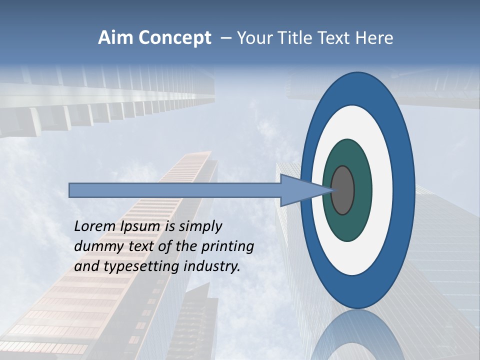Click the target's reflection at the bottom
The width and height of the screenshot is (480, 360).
357,335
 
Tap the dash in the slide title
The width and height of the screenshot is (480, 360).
225,38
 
